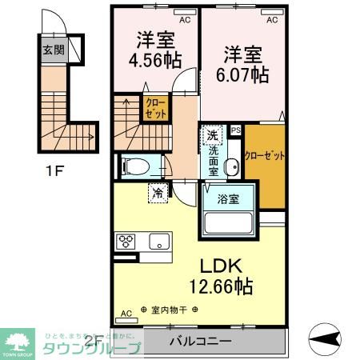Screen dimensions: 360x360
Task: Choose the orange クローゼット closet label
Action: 265,155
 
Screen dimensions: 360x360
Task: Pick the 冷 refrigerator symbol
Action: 158,193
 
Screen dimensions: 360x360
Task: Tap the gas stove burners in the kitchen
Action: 127,240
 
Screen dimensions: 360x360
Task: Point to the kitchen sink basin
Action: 156,240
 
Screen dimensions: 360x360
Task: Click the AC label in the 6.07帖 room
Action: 272,20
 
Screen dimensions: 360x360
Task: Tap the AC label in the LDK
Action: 126,314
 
